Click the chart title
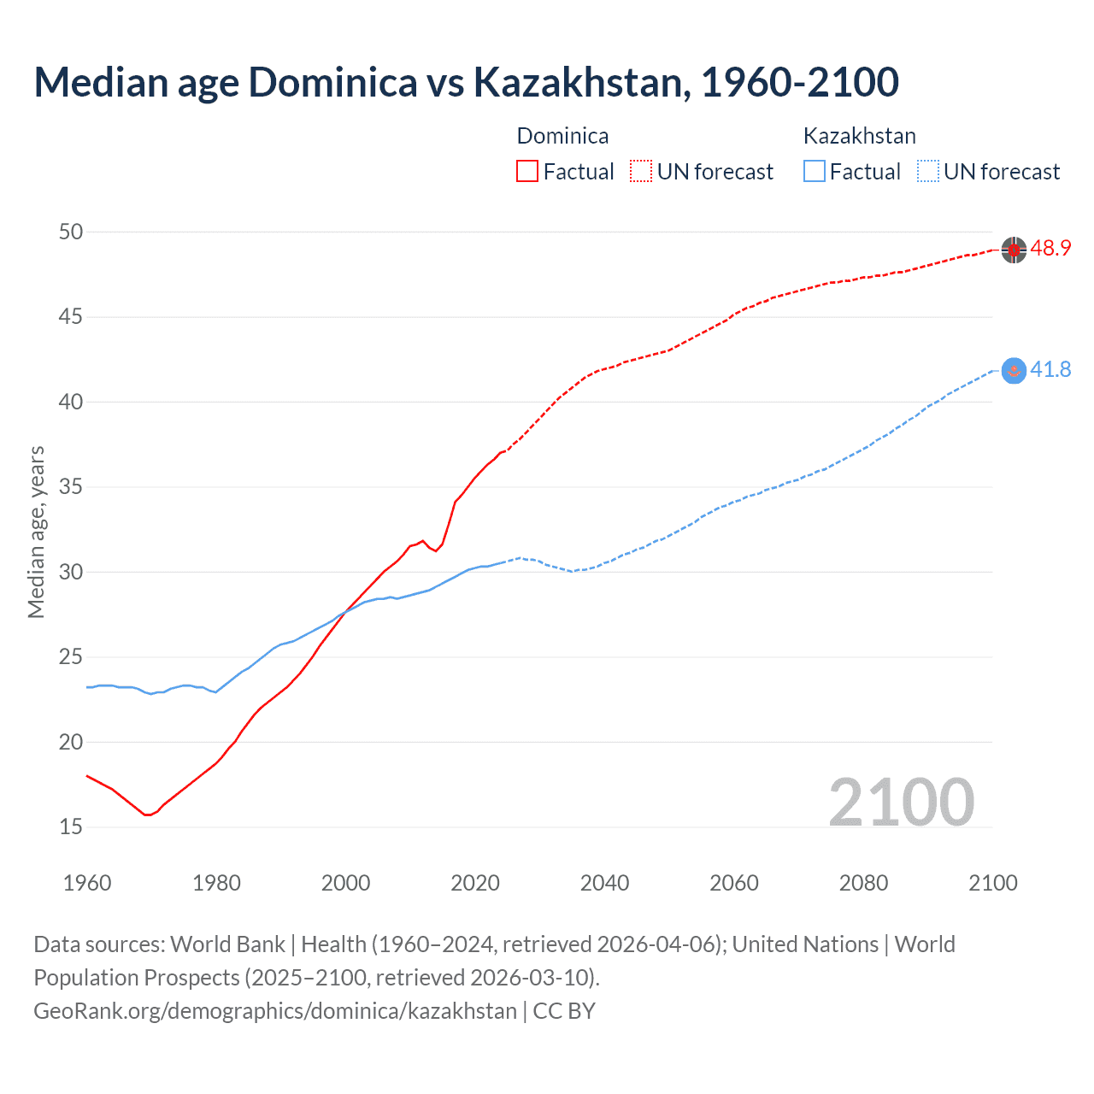tap(466, 82)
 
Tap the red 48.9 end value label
tap(1050, 249)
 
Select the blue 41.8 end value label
tap(1050, 370)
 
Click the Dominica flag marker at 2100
tap(1014, 250)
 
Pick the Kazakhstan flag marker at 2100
tap(1014, 370)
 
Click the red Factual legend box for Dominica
tap(527, 172)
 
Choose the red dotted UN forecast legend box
tap(641, 172)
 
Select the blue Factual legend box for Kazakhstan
tap(815, 172)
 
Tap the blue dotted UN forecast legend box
tap(928, 172)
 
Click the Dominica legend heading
tap(562, 136)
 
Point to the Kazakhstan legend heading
tap(859, 136)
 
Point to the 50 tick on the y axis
tap(71, 232)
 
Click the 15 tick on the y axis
tap(71, 827)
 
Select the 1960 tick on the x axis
tap(87, 883)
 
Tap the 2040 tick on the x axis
tap(604, 883)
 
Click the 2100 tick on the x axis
tap(992, 883)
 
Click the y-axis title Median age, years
tap(36, 532)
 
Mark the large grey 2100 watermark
tap(901, 802)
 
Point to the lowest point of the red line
tap(147, 815)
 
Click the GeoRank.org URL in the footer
tap(275, 1011)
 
